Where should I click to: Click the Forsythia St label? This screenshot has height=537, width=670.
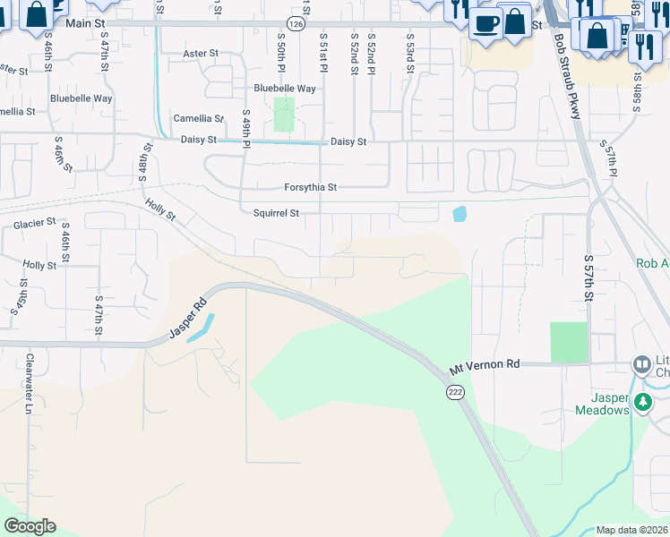tap(310, 188)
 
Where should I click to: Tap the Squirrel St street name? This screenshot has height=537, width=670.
tap(275, 214)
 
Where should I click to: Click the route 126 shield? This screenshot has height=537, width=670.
tap(296, 21)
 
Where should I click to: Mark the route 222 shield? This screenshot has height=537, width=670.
tap(455, 392)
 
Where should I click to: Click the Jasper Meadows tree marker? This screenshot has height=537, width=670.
tap(641, 403)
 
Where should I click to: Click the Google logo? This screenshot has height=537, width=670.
tap(30, 526)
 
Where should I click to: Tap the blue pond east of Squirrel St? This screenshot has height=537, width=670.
tap(460, 214)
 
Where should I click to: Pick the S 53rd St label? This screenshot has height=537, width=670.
tap(409, 57)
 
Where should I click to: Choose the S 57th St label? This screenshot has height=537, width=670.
tap(588, 277)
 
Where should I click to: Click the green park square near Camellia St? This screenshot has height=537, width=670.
tap(284, 115)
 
